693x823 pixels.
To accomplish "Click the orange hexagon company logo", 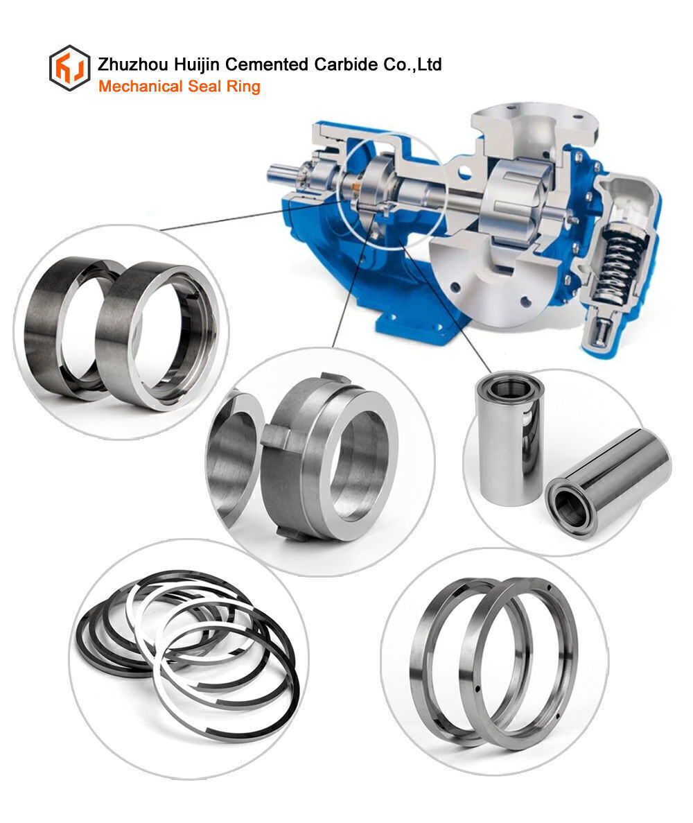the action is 70,68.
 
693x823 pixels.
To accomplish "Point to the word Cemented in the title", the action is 267,64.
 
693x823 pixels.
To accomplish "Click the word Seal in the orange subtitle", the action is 204,86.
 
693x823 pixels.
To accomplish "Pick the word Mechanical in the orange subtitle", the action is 141,86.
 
